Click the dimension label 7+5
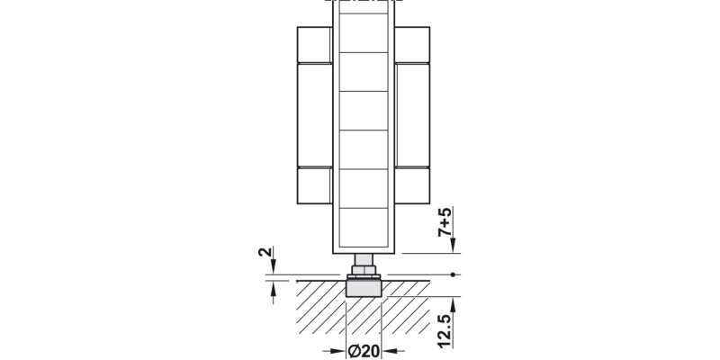coord(445,221)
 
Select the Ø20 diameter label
coord(364,351)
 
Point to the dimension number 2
coord(265,252)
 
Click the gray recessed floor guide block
coord(364,288)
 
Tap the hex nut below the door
coord(364,269)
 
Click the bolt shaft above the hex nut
coord(364,259)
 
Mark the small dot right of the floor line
coord(453,274)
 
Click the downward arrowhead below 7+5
coord(453,246)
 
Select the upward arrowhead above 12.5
coord(453,304)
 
